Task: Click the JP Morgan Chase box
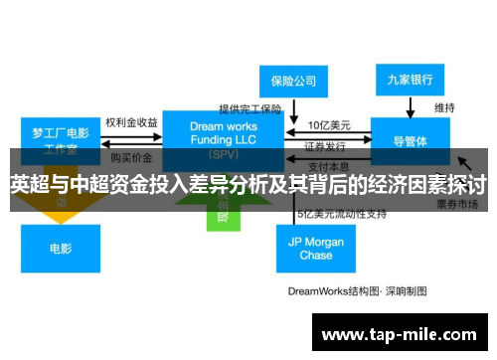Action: pos(316,248)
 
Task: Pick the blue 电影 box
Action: pos(60,249)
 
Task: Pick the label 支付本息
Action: pos(327,165)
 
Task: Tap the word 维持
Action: pos(444,106)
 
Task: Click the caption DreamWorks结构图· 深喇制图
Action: pos(357,291)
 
